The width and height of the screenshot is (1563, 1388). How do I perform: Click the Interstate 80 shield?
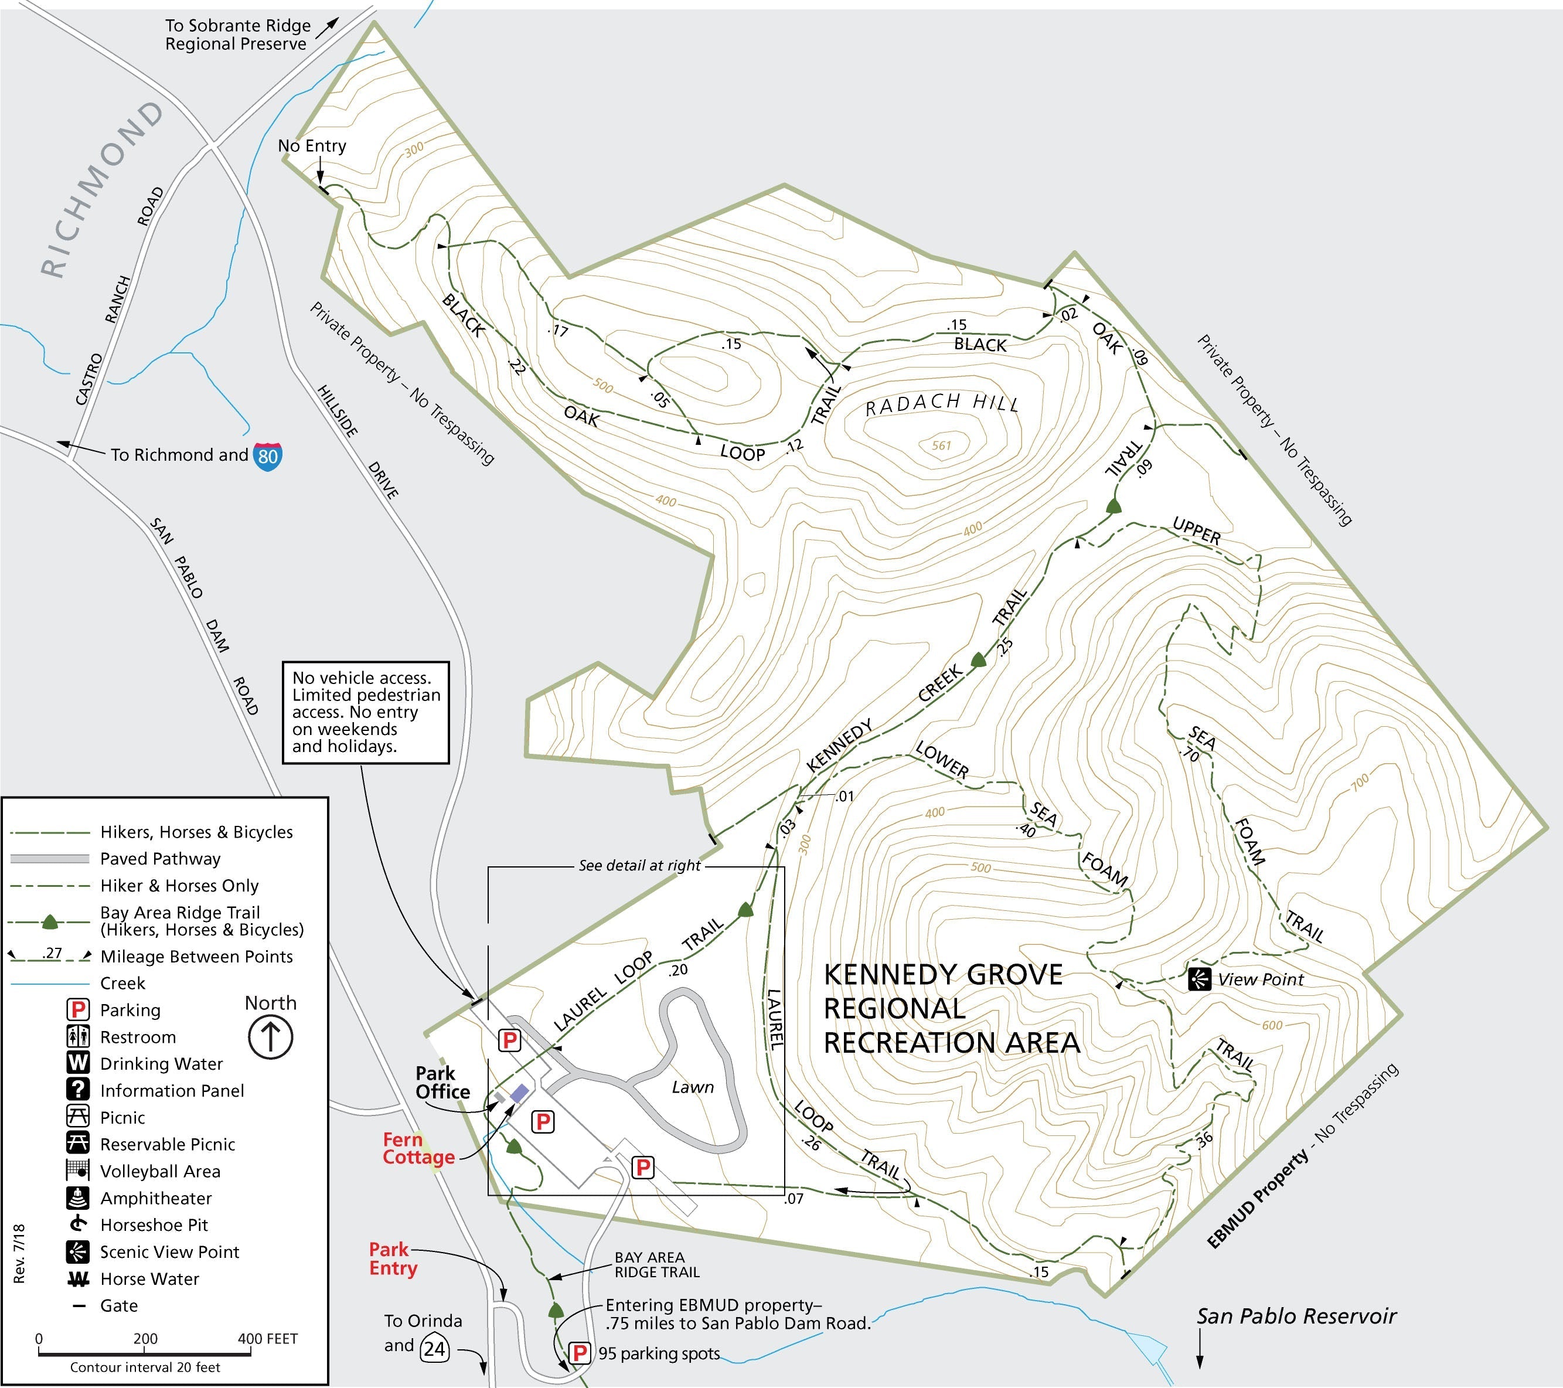[x=268, y=457]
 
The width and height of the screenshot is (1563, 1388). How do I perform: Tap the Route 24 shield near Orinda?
[x=434, y=1348]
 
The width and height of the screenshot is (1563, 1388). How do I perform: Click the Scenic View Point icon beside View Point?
[x=1199, y=979]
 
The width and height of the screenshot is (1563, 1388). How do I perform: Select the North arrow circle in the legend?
[x=271, y=1037]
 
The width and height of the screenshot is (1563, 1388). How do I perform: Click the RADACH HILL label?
[x=942, y=403]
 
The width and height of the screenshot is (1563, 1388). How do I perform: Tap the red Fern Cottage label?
[x=418, y=1149]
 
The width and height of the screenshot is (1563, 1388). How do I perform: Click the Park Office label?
[x=442, y=1082]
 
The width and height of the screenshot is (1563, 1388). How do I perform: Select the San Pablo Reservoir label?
[x=1296, y=1316]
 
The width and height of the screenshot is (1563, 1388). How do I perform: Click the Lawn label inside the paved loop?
[x=693, y=1087]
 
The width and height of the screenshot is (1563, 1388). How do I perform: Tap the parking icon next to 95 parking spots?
[x=580, y=1353]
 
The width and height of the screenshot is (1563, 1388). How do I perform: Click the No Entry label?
[x=312, y=145]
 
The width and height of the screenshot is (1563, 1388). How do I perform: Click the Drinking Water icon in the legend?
[x=78, y=1063]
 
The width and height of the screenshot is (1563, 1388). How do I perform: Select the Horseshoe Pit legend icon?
[x=78, y=1224]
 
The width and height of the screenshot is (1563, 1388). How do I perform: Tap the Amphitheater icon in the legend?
[x=78, y=1198]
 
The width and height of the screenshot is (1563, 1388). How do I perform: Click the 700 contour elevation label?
[x=1360, y=783]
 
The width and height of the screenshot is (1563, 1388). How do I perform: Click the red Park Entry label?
[x=393, y=1259]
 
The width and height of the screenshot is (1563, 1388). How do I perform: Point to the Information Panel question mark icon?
[x=78, y=1090]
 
